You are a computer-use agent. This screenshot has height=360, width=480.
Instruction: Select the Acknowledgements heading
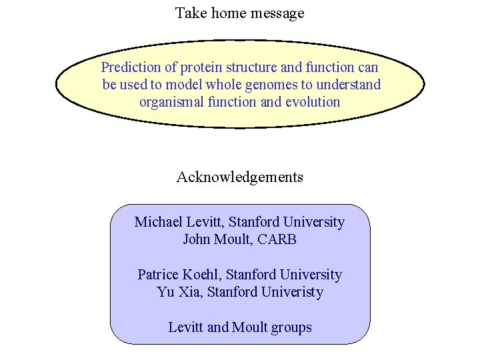click(240, 177)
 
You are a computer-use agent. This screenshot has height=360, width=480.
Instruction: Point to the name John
click(197, 239)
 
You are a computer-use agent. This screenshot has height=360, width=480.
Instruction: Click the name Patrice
click(159, 275)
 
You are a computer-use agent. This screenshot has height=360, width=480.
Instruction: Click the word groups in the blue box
click(290, 327)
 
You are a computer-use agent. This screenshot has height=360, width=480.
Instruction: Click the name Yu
click(165, 292)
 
